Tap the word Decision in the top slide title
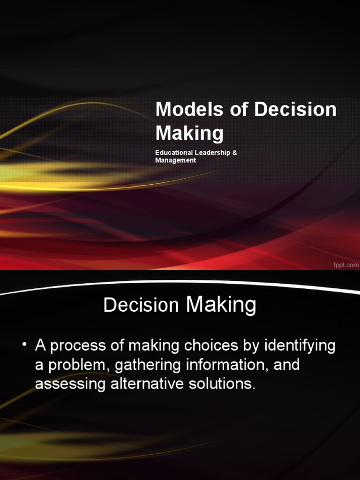[296, 110]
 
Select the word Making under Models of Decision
[189, 134]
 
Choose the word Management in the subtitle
[175, 160]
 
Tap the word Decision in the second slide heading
[142, 305]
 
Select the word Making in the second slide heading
[221, 305]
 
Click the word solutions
[225, 384]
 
